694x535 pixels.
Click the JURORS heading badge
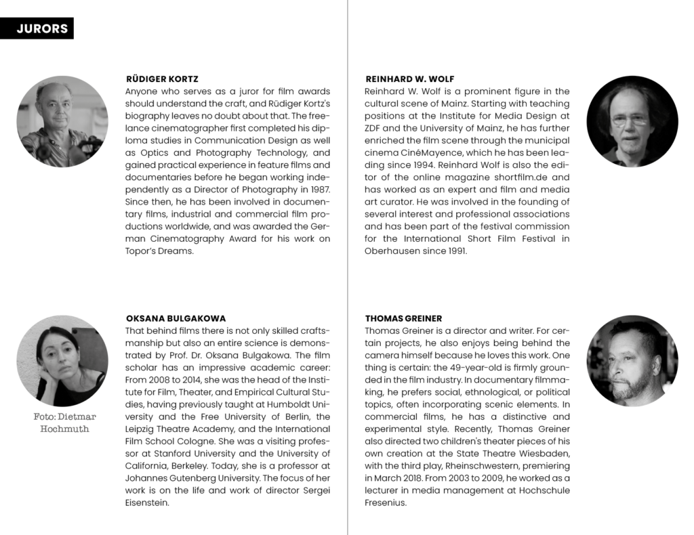click(x=37, y=28)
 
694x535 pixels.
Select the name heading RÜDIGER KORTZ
click(x=162, y=79)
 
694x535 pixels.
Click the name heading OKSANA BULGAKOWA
click(x=176, y=318)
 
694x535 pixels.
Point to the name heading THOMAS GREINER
click(x=403, y=318)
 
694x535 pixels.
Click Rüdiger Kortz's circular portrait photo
click(x=62, y=121)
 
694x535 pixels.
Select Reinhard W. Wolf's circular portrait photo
click(x=632, y=121)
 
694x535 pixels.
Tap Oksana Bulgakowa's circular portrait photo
click(x=62, y=361)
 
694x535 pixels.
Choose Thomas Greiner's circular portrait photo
click(x=632, y=361)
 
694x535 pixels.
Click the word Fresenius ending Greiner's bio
click(x=385, y=502)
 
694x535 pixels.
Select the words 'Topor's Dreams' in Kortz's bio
click(x=160, y=251)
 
